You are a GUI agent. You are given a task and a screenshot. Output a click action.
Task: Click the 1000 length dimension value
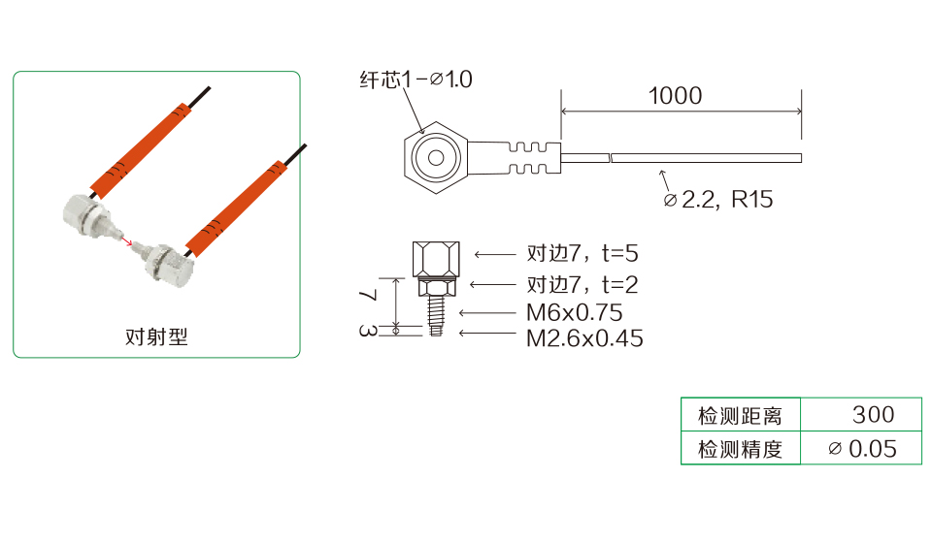click(675, 96)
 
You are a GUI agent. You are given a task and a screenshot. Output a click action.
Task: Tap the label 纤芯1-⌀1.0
click(416, 80)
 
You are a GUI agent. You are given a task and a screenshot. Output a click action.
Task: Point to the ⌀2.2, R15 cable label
click(718, 200)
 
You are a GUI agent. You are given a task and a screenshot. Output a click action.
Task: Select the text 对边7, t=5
click(582, 253)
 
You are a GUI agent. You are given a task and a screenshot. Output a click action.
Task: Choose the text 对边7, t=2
click(582, 285)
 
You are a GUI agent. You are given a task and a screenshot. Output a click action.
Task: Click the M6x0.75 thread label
click(574, 313)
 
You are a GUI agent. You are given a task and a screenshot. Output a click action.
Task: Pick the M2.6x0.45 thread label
click(584, 338)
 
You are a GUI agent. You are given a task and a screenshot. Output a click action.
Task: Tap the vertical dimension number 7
click(369, 295)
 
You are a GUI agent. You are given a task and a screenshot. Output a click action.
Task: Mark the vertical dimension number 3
click(368, 331)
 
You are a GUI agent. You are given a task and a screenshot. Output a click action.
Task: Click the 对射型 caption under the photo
click(156, 337)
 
